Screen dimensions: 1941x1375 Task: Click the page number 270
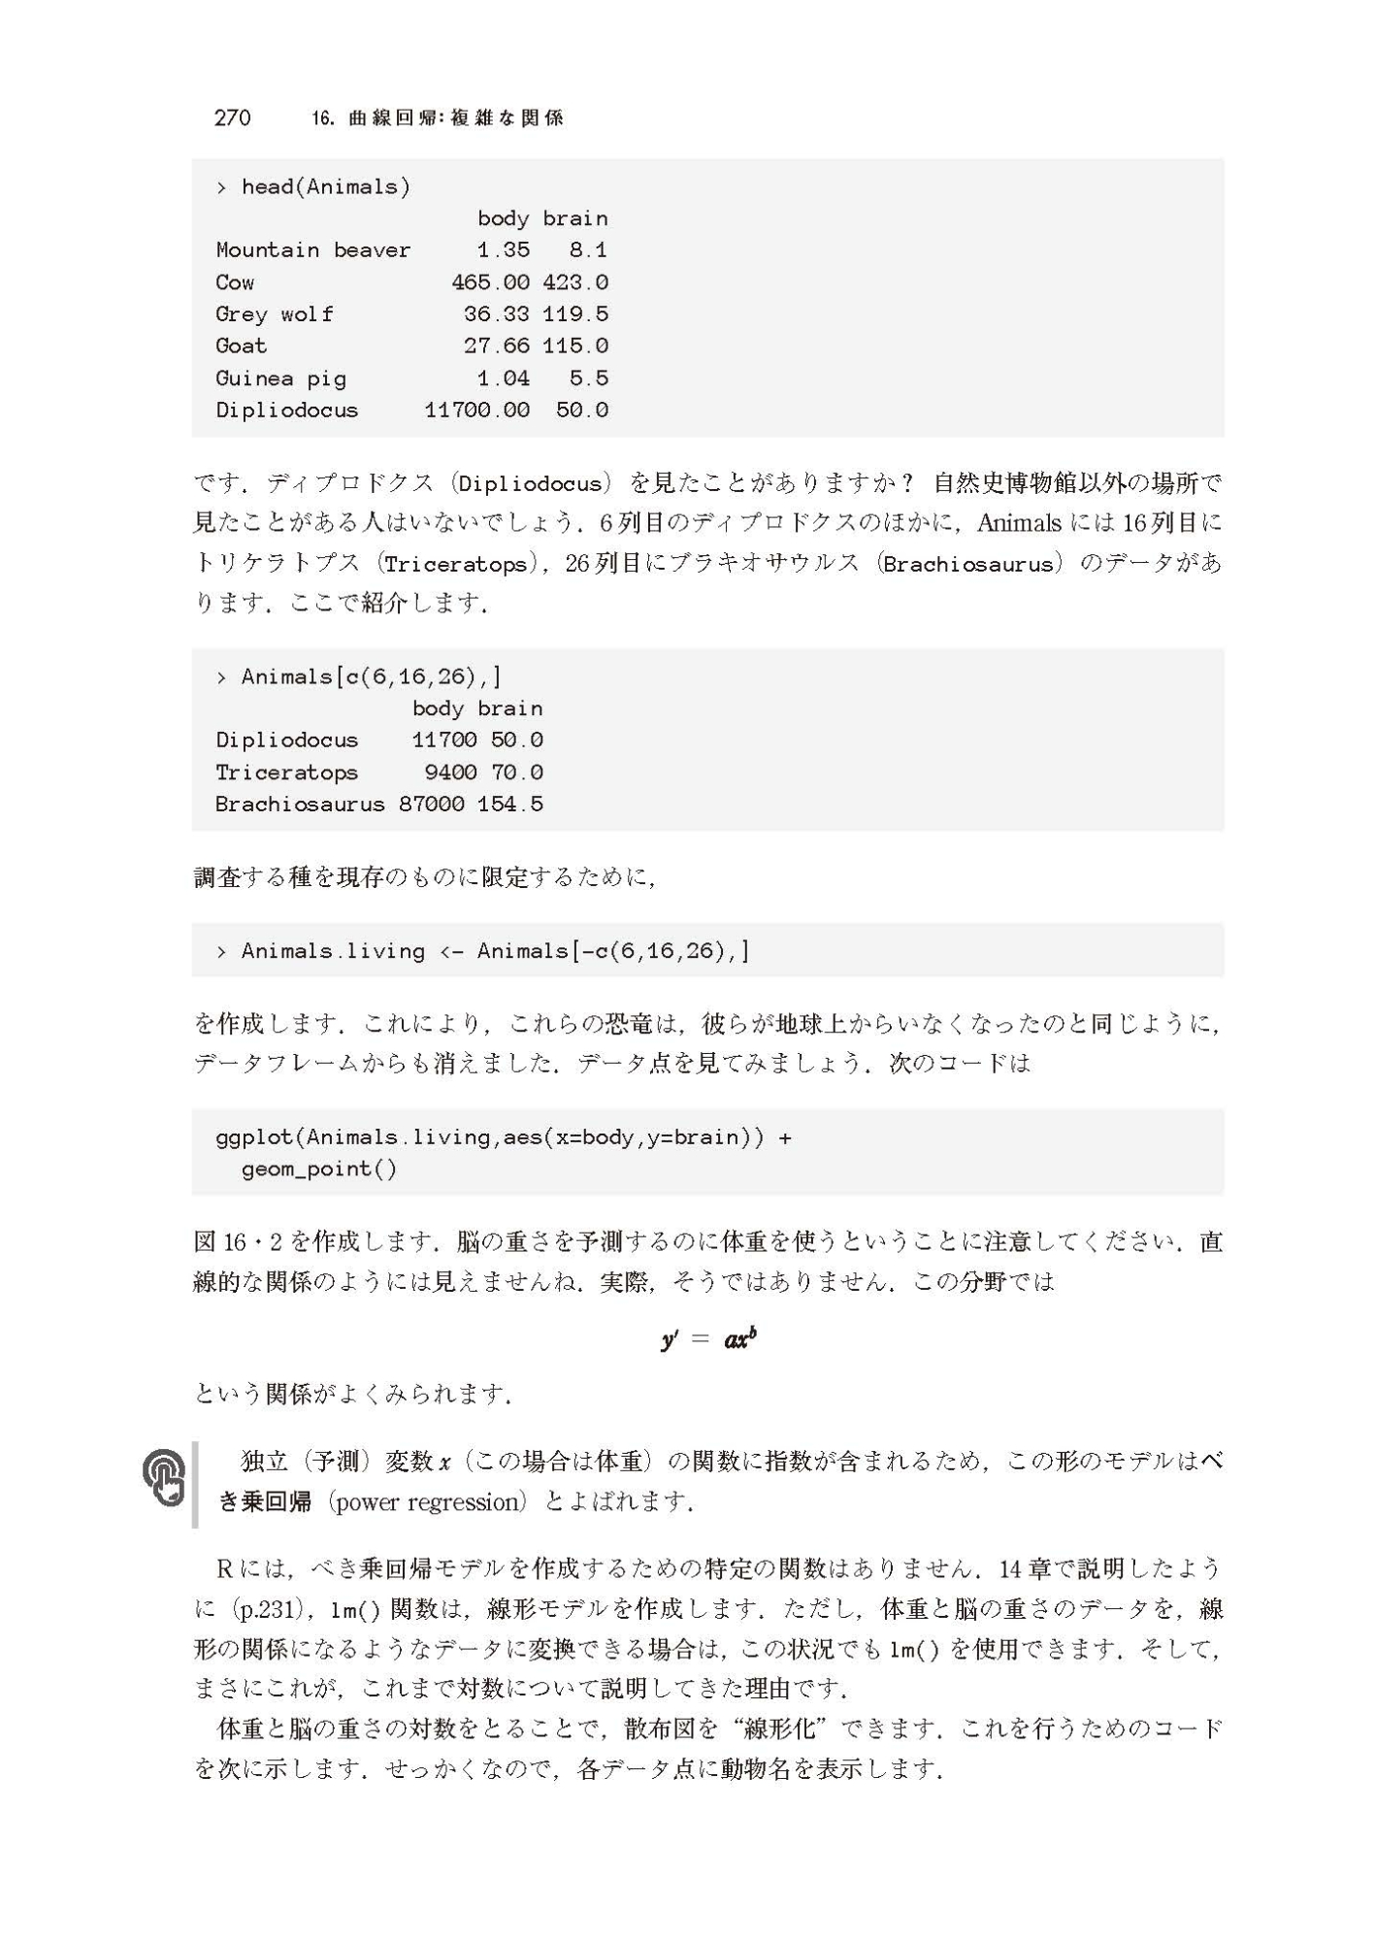(x=232, y=118)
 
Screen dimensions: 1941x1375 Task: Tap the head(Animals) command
(x=325, y=186)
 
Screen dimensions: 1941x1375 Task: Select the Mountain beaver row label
(x=312, y=250)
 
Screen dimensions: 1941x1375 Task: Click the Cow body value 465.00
(x=490, y=282)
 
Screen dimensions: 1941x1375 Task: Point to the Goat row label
(x=241, y=346)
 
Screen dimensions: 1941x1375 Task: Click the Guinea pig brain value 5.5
(x=588, y=378)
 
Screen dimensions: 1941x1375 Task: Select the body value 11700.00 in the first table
(x=476, y=411)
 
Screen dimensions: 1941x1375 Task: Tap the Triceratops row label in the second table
(x=286, y=773)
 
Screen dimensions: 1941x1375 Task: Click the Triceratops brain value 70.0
(x=516, y=773)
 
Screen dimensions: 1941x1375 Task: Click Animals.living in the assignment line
(x=333, y=951)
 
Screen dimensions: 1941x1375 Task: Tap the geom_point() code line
(x=319, y=1168)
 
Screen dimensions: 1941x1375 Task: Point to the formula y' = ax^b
(x=707, y=1340)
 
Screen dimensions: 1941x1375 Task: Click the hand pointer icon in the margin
(x=164, y=1478)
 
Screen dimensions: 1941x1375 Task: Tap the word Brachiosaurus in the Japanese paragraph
(x=967, y=564)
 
